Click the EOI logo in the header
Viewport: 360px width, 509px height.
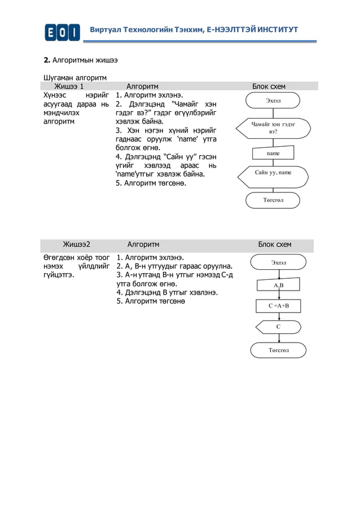point(63,32)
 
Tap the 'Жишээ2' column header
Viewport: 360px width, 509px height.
point(76,244)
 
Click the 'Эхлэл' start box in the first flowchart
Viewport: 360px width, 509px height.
point(273,100)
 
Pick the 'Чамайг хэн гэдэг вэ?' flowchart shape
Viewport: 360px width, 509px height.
point(273,127)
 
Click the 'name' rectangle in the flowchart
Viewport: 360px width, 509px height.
point(273,153)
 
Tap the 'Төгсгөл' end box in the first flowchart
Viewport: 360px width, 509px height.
point(273,200)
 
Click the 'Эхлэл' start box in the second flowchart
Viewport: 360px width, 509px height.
point(279,262)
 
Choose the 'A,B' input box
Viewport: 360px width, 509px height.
point(279,286)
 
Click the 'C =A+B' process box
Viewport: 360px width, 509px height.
point(279,306)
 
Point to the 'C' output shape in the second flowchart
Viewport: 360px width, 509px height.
point(279,327)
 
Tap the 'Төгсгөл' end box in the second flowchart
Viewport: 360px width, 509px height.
point(279,350)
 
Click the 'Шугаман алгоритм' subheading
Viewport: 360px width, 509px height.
point(76,77)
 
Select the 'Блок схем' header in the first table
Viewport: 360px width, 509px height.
point(269,86)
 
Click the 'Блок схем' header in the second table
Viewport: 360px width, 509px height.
point(275,244)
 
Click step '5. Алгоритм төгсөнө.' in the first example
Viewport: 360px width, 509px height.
point(151,183)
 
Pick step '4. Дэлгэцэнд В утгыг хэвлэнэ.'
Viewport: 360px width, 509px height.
point(167,292)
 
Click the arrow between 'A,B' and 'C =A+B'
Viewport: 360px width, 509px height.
point(279,296)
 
